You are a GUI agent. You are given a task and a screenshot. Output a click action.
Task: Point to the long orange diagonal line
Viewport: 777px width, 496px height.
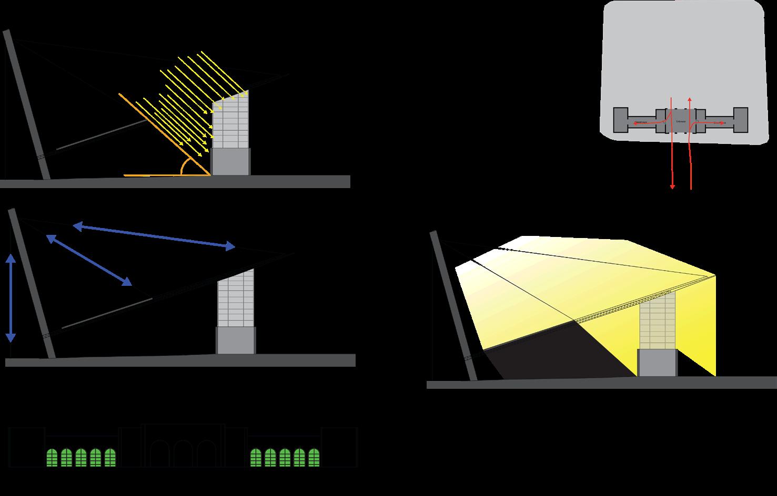(163, 134)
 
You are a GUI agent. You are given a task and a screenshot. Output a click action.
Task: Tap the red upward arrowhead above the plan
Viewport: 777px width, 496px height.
(690, 99)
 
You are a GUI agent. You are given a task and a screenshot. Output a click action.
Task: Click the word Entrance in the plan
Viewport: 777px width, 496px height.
(681, 121)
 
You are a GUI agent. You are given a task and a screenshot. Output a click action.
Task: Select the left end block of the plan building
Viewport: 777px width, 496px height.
(621, 120)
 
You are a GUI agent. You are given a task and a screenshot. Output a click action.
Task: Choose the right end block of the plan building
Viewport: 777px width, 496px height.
(741, 120)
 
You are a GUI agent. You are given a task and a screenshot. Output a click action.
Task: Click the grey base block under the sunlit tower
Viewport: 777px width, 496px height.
(230, 161)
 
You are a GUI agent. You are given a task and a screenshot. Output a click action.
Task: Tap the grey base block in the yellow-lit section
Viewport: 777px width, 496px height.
(657, 363)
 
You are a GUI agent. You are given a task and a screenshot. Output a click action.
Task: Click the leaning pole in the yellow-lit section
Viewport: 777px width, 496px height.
(453, 305)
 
